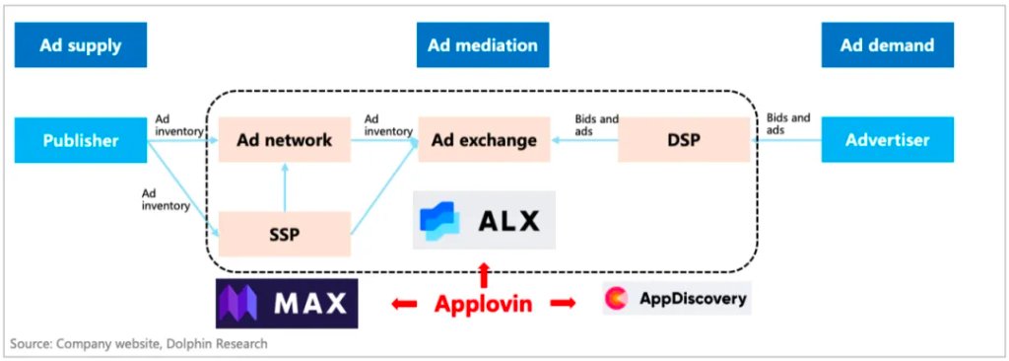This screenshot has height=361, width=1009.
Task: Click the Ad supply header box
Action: click(80, 45)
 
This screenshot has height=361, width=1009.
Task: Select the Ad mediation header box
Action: click(483, 45)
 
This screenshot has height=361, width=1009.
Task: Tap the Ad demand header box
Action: click(887, 45)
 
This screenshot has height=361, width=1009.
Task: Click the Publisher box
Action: click(80, 140)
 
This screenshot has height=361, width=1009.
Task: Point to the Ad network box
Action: click(284, 140)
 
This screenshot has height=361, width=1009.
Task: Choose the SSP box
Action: click(284, 234)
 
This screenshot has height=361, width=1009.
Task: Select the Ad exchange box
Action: click(484, 140)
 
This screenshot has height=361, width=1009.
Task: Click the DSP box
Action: click(684, 140)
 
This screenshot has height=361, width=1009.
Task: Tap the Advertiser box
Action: click(887, 140)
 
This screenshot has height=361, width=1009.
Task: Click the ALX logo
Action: click(484, 220)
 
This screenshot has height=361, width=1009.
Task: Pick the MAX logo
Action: click(287, 303)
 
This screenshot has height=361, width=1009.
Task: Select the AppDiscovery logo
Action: click(677, 298)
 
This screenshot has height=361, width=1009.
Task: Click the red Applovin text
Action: click(484, 303)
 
